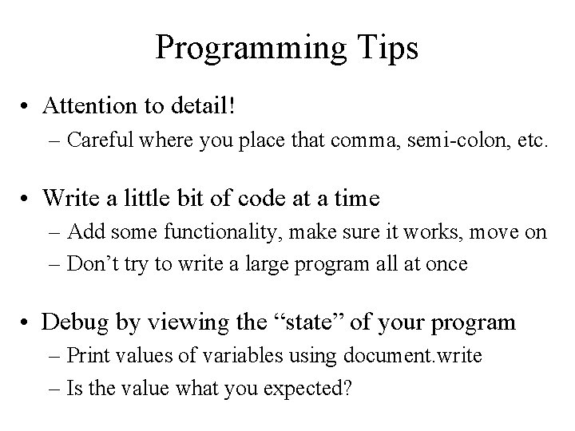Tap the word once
tap(447, 264)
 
